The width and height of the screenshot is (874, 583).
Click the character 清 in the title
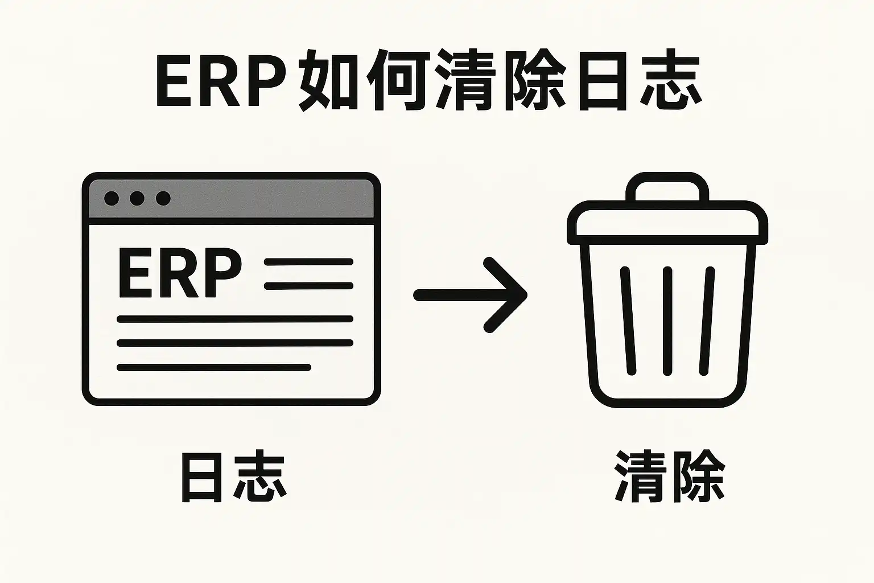464,80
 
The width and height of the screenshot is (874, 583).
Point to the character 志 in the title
670,80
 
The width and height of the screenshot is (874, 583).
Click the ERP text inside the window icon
180,273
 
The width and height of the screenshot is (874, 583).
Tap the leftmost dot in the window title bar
112,198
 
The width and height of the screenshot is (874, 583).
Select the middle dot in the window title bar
137,198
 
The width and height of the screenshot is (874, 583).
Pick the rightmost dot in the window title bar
163,198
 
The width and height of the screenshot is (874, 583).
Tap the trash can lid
667,223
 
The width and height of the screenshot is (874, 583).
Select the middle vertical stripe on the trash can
667,321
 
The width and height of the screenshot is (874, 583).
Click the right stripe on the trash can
707,321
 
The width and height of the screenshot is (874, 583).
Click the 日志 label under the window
234,478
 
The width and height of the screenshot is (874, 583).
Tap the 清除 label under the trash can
670,477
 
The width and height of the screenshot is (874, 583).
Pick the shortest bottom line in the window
214,367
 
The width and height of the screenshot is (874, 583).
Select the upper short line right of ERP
308,262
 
